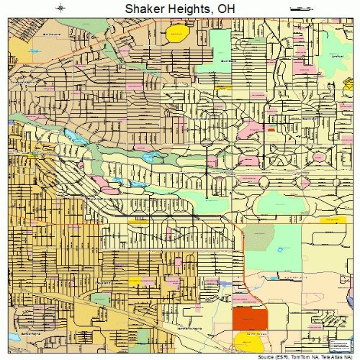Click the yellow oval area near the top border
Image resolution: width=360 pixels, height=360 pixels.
tap(176, 33)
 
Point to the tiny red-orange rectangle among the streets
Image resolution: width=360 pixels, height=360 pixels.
tap(271, 130)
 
